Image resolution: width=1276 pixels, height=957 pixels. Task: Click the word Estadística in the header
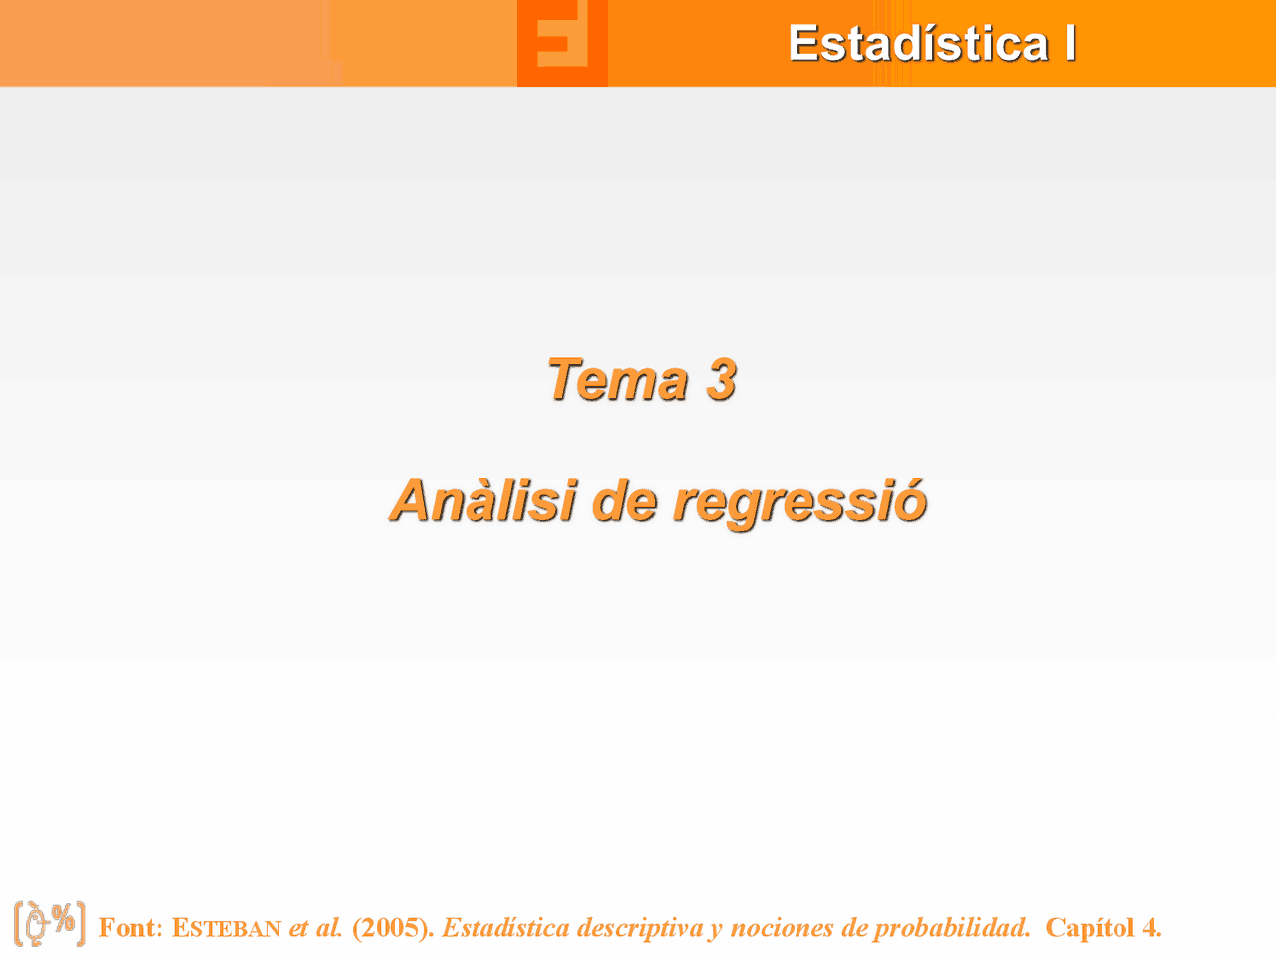tap(917, 44)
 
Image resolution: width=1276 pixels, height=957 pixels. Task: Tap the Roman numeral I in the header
tap(1070, 44)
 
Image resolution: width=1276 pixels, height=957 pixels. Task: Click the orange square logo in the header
tap(562, 43)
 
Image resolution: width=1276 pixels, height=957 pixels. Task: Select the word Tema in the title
tap(617, 380)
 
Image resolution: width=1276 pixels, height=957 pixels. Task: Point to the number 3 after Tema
tap(721, 380)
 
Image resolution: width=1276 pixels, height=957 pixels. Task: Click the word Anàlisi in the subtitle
tap(483, 500)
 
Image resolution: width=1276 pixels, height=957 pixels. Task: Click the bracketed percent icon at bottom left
tap(50, 924)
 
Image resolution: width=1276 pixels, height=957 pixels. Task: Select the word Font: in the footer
tap(131, 928)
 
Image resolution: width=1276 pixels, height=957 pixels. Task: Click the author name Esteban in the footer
tap(226, 928)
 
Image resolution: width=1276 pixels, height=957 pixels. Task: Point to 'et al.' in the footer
tap(316, 928)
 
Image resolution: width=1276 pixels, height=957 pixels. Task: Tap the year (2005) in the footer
tap(393, 928)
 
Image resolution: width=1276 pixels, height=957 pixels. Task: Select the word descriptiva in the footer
tap(639, 928)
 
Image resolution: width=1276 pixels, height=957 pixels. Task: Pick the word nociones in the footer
tap(783, 928)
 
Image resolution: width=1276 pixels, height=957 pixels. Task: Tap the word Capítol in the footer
tap(1090, 928)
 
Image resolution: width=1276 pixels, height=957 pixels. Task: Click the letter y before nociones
tap(716, 930)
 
